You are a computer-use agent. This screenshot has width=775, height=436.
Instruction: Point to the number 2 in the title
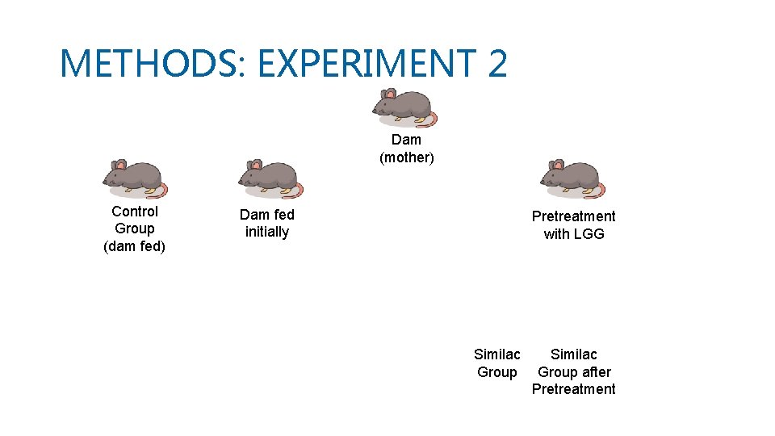click(497, 63)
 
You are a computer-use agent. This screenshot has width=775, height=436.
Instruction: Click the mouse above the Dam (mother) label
click(404, 107)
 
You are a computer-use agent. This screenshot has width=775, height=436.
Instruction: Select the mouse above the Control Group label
click(135, 178)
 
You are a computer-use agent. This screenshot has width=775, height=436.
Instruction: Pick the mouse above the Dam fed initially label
click(270, 178)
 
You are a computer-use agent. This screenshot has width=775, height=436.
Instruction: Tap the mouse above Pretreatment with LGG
click(572, 178)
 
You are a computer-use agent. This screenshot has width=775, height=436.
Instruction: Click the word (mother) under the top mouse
click(407, 157)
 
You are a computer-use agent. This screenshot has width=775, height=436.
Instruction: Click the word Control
click(135, 212)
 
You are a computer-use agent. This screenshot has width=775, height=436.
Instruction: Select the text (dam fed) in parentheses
click(135, 246)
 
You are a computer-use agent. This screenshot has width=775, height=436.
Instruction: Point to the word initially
click(267, 233)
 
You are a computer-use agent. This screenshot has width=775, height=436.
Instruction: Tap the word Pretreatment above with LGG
click(573, 216)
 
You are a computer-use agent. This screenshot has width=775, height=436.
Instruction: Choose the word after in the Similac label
click(596, 372)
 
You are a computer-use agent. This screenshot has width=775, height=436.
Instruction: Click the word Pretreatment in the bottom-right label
click(573, 389)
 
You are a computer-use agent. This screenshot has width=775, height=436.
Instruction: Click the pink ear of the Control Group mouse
click(120, 165)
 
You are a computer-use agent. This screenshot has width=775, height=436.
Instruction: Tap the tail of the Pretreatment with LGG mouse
click(600, 191)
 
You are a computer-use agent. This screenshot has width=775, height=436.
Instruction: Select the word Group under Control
click(135, 228)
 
